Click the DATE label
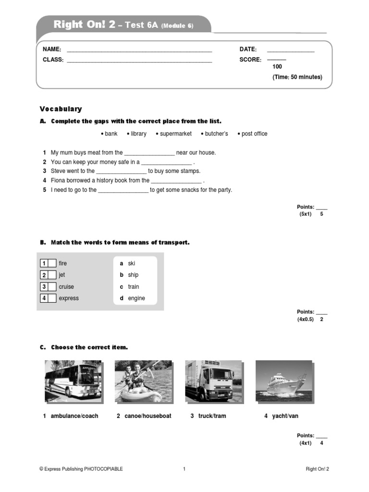pyautogui.click(x=248, y=49)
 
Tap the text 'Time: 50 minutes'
pyautogui.click(x=297, y=77)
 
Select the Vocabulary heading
pyautogui.click(x=61, y=109)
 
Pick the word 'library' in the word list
pyautogui.click(x=137, y=134)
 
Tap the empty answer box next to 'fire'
pyautogui.click(x=52, y=263)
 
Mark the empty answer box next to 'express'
pyautogui.click(x=52, y=298)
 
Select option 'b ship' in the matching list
pyautogui.click(x=130, y=275)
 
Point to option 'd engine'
pyautogui.click(x=133, y=298)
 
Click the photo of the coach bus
pyautogui.click(x=73, y=381)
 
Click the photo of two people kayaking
pyautogui.click(x=143, y=381)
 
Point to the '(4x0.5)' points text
pyautogui.click(x=305, y=319)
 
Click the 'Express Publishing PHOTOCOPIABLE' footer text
pyautogui.click(x=81, y=469)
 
